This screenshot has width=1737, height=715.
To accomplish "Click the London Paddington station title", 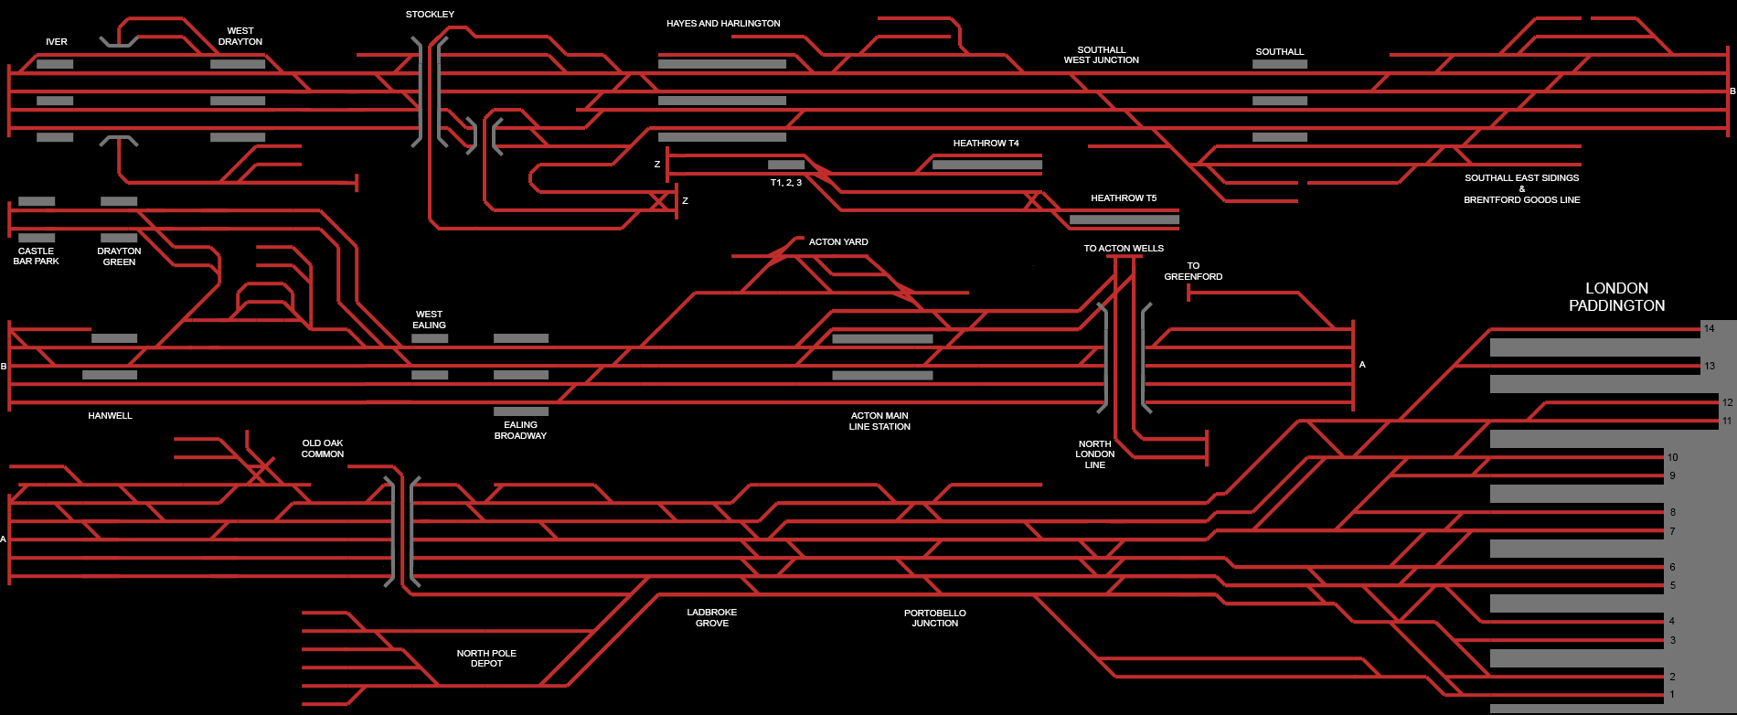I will [1616, 297].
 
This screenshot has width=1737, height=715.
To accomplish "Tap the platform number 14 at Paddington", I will [1709, 328].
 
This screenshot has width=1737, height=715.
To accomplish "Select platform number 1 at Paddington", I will [1672, 695].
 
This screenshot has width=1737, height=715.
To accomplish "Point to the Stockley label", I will [430, 15].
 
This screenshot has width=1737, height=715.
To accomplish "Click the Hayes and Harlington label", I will [723, 24].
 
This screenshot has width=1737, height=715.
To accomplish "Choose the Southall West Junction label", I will [1101, 55].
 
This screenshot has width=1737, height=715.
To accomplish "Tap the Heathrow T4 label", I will [986, 144].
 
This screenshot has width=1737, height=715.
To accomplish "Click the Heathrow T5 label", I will [1123, 198].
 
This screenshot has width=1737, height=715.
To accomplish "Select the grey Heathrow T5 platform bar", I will [1124, 219].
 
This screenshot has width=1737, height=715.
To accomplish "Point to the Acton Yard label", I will [838, 242].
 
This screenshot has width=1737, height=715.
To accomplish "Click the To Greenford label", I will [1192, 272].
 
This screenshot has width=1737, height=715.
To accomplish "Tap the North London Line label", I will [1094, 454].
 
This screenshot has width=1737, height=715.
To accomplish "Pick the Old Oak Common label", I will [323, 449].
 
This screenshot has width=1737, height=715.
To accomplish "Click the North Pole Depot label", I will [486, 658].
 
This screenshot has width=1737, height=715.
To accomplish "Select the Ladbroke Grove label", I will [711, 618].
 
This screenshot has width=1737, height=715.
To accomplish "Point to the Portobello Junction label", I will [934, 618].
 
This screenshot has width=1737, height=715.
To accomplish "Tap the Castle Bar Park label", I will [36, 256].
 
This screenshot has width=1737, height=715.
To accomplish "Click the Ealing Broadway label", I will [520, 431].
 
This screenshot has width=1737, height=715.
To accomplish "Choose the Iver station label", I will [57, 42].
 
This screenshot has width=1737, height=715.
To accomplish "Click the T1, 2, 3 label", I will [785, 183].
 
